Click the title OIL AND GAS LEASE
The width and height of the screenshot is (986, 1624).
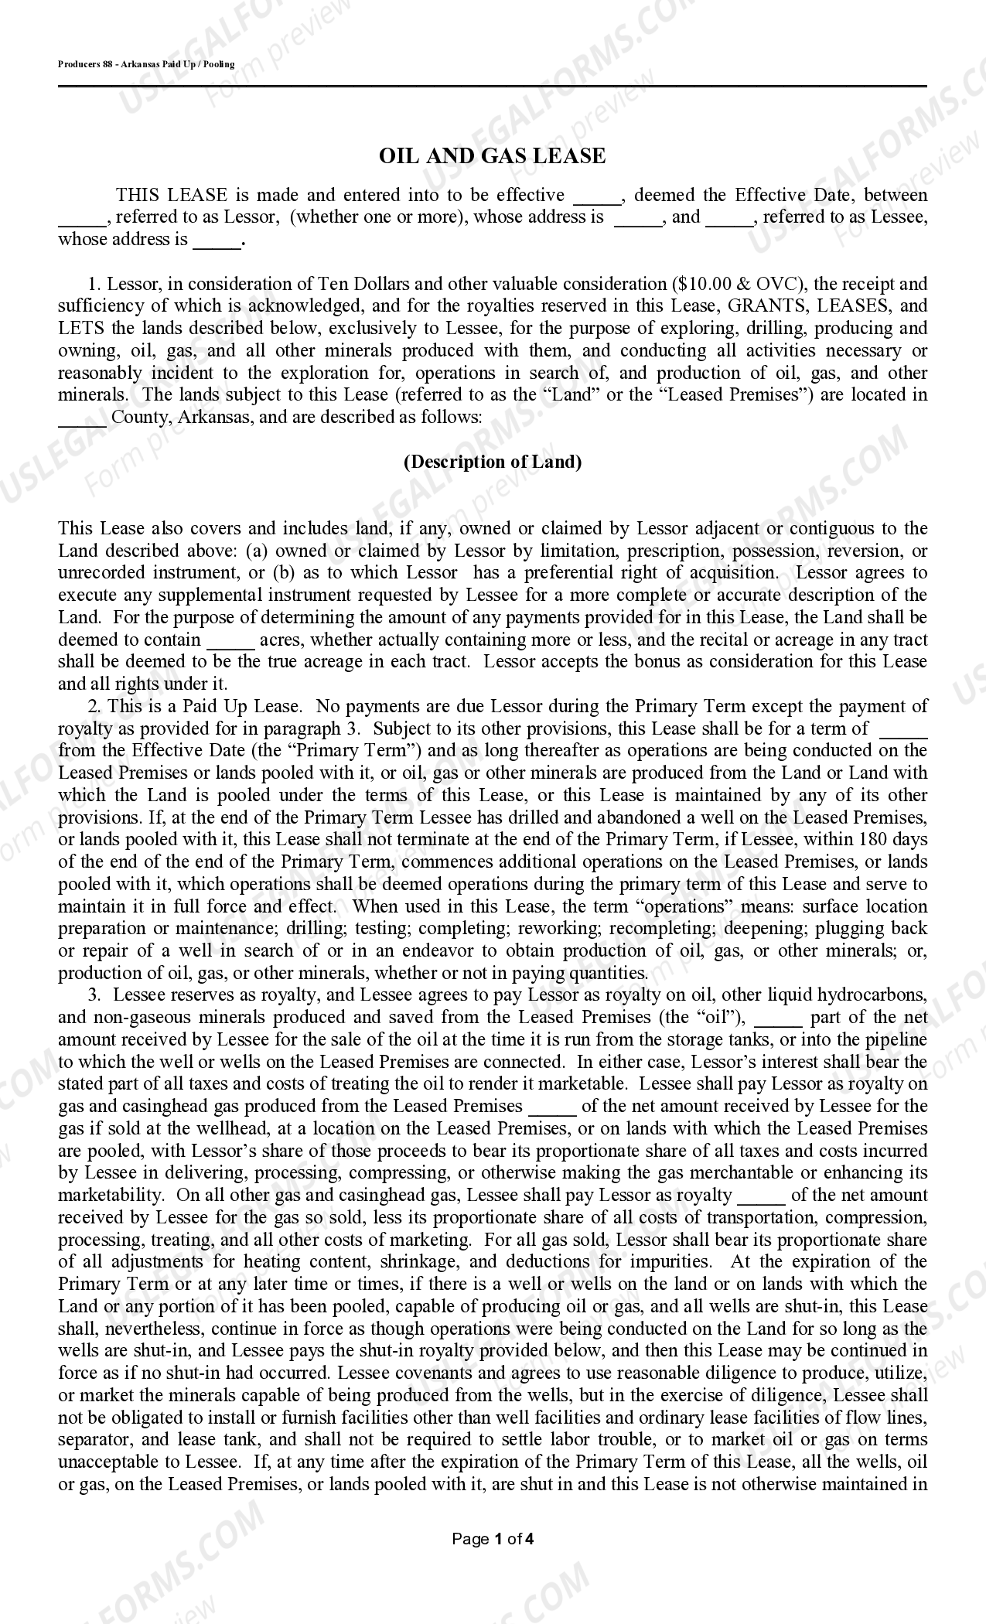coord(492,156)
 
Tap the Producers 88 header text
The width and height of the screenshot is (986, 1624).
coord(146,64)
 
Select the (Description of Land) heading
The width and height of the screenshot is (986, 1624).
coord(493,462)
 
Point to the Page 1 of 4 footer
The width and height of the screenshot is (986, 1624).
coord(493,1539)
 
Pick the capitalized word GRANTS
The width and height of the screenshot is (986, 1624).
coord(769,306)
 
